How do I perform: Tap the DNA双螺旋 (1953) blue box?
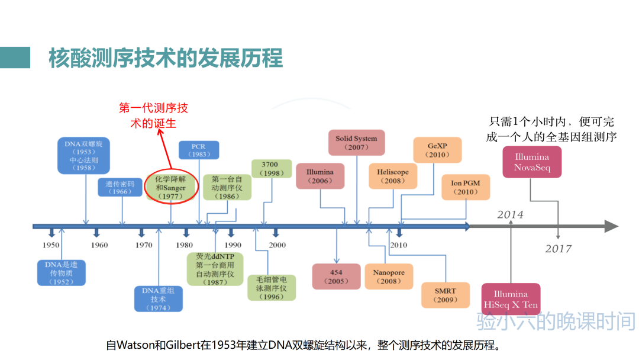click(x=83, y=155)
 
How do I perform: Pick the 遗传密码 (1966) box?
click(x=120, y=188)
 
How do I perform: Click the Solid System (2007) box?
click(x=356, y=143)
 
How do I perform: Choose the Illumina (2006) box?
click(x=319, y=176)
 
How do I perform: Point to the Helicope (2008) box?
click(x=392, y=176)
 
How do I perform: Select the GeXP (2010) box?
click(x=439, y=150)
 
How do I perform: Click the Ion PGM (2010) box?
click(x=466, y=188)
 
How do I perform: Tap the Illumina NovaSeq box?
click(x=531, y=162)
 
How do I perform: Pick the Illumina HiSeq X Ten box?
click(x=511, y=299)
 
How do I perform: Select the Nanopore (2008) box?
click(x=389, y=277)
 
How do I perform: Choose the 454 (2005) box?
click(x=336, y=277)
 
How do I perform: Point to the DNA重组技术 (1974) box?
click(x=158, y=299)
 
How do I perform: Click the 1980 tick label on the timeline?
click(x=184, y=245)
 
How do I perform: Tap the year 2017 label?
click(x=559, y=249)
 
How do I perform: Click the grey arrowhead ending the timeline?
click(x=611, y=226)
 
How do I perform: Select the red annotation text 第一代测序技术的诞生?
click(x=153, y=115)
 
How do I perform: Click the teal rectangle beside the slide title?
click(x=15, y=57)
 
